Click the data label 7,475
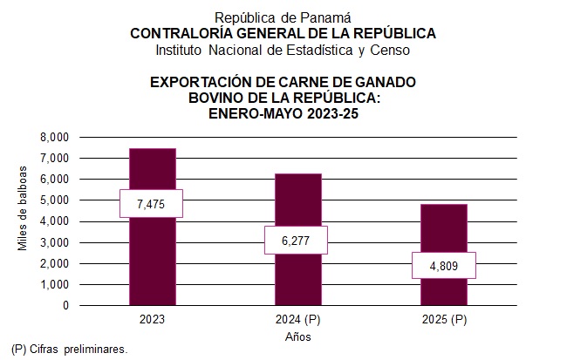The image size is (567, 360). (x=152, y=203)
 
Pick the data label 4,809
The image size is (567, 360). (x=444, y=265)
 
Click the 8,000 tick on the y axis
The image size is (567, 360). (x=54, y=138)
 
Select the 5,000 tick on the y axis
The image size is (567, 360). (x=54, y=200)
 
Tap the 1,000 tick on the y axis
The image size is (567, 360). (x=54, y=285)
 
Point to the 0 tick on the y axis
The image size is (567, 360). (x=65, y=306)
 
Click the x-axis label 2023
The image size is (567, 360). (x=152, y=320)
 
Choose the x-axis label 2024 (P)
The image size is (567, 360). (x=298, y=320)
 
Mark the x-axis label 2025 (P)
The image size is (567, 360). (x=444, y=320)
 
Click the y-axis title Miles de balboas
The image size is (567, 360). (x=24, y=208)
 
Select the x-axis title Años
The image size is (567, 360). (x=298, y=336)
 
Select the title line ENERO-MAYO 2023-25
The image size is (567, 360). (x=283, y=113)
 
